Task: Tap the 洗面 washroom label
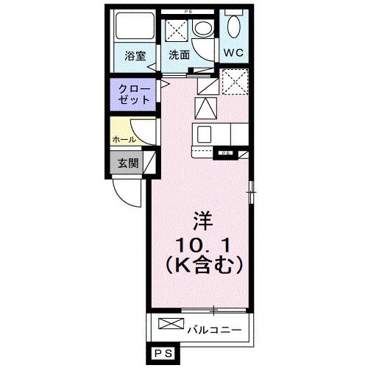click(x=179, y=54)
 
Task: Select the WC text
click(x=233, y=53)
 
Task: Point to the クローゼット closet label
click(x=134, y=93)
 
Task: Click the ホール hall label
click(x=123, y=139)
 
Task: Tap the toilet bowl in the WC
click(x=233, y=28)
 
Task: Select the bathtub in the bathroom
click(x=133, y=28)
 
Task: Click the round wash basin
click(x=202, y=30)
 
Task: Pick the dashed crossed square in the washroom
click(x=177, y=31)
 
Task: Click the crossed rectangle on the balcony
click(x=169, y=324)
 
